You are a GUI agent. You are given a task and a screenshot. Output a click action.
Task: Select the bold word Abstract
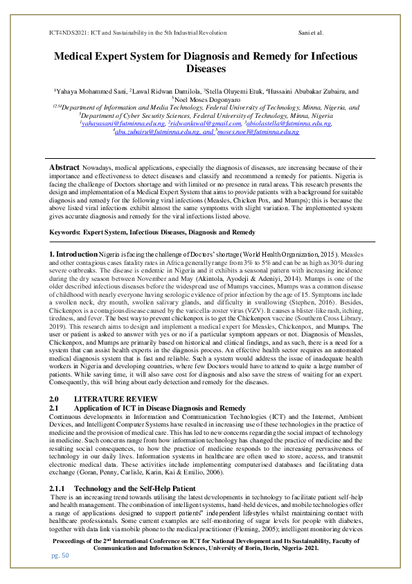coord(64,168)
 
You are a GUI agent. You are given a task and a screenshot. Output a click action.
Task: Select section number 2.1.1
coord(59,470)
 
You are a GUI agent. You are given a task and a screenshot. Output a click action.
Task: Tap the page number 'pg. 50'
coord(60,555)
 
